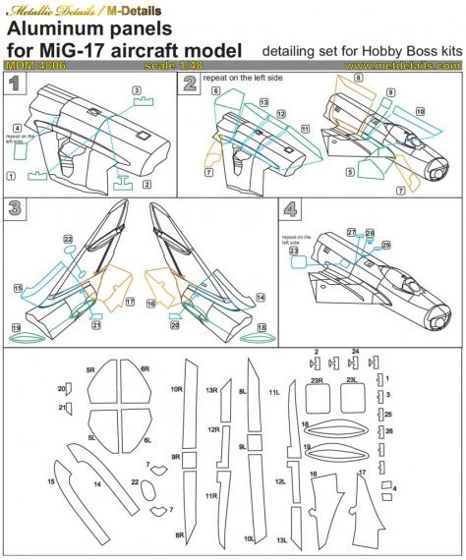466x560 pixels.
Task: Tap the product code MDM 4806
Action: click(33, 67)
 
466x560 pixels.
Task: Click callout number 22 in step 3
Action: click(68, 239)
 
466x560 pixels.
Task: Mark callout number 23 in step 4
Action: click(293, 251)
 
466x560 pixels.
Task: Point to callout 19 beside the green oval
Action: click(17, 326)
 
